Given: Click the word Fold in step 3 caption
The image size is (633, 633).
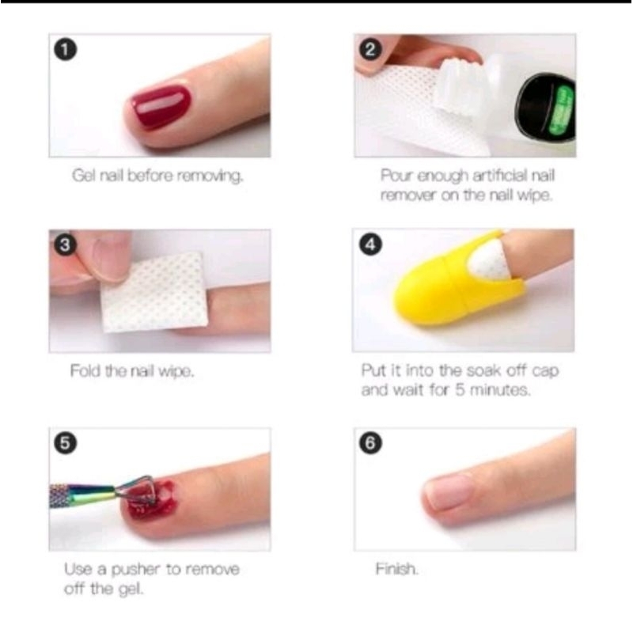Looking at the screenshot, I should tap(84, 370).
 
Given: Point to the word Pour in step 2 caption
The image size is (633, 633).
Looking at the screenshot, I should tap(395, 176).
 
